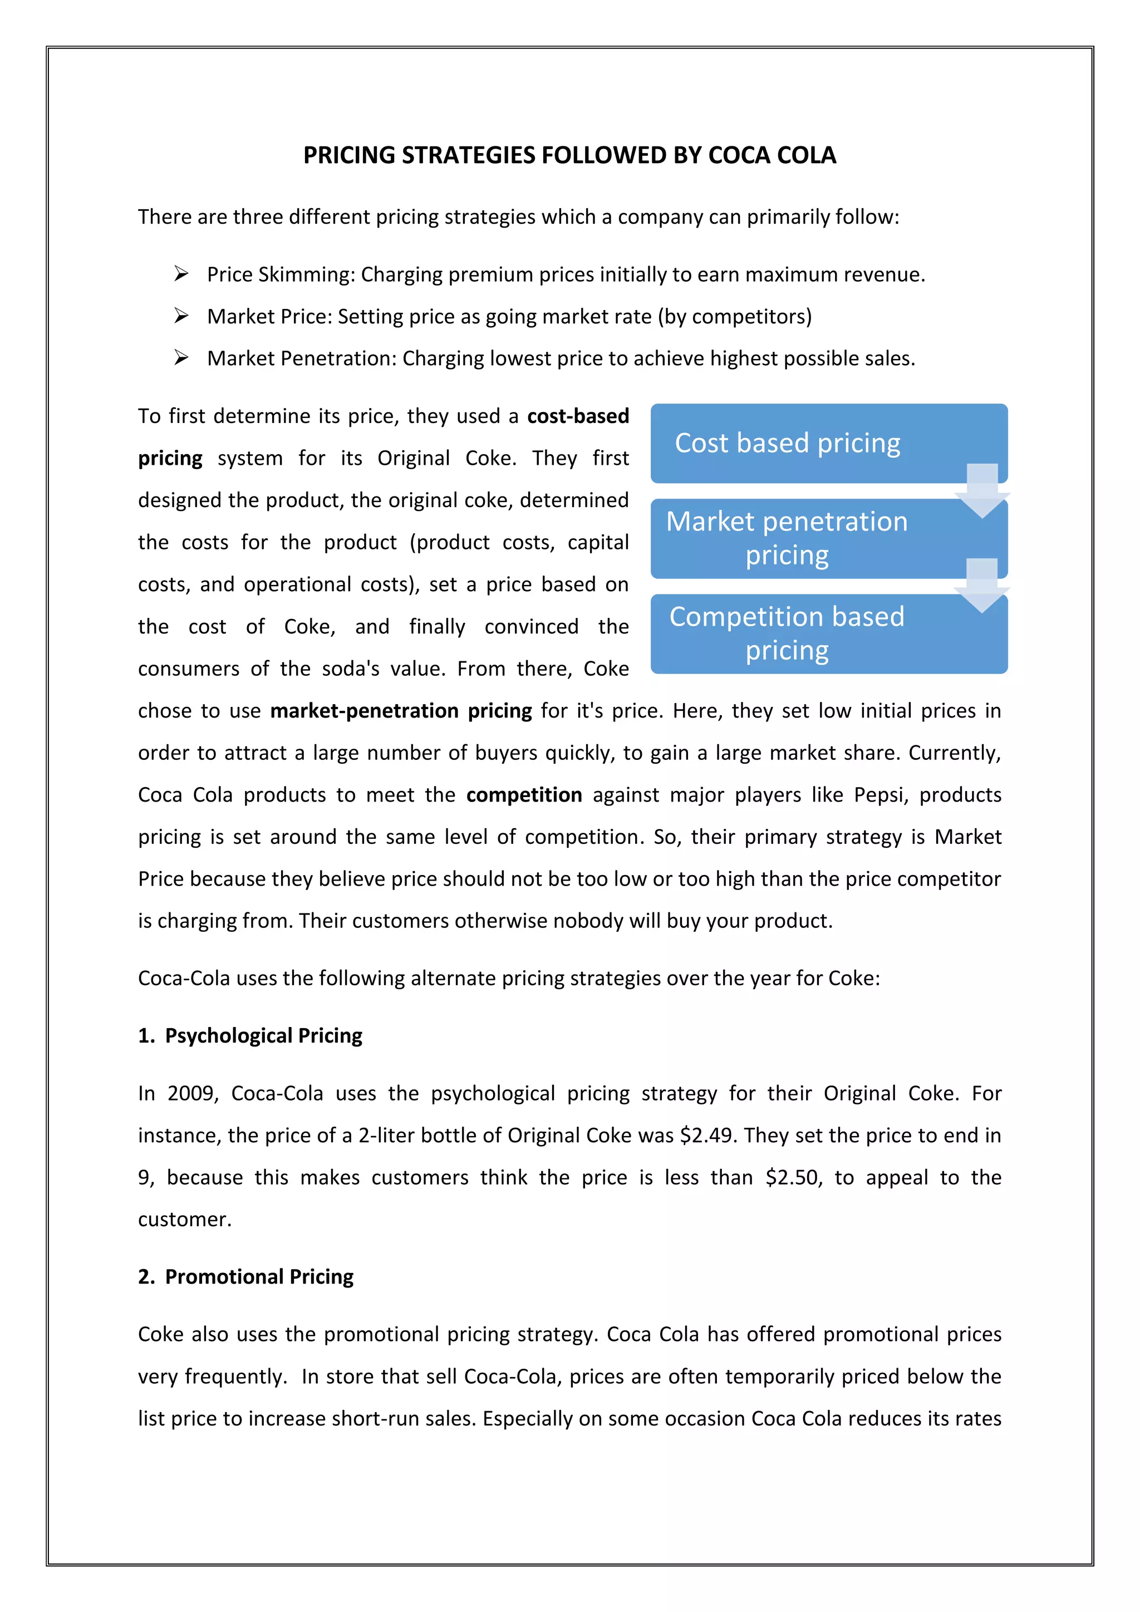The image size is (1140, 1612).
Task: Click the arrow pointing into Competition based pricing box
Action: [982, 586]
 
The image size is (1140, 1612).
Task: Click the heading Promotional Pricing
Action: [259, 1276]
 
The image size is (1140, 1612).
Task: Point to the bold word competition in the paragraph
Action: [524, 795]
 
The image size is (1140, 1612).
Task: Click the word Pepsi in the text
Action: [882, 795]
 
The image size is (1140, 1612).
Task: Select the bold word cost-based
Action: [578, 416]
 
